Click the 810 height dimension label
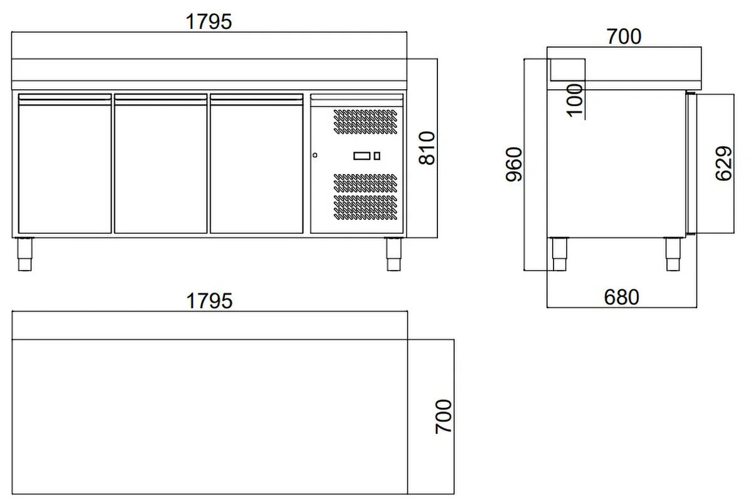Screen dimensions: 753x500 [x=427, y=148]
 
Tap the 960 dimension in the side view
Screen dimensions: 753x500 [x=514, y=164]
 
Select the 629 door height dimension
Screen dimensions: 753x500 [x=724, y=163]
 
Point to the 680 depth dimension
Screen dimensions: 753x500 [x=622, y=297]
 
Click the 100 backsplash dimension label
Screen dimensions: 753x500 [x=575, y=101]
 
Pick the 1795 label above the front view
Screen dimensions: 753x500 [x=209, y=21]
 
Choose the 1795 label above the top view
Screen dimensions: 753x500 [x=209, y=300]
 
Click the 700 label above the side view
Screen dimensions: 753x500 [x=624, y=36]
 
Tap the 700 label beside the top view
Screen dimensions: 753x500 [x=444, y=416]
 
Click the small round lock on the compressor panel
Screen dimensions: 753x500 [x=314, y=155]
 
